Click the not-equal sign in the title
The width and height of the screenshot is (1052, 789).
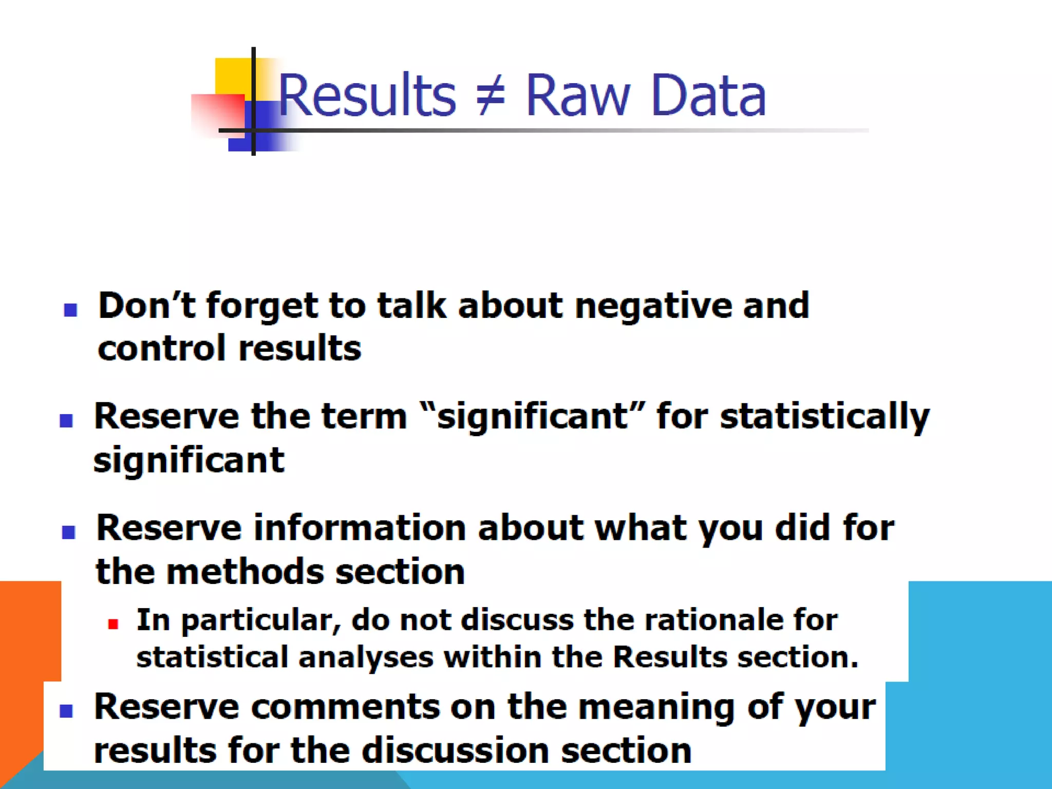(x=491, y=96)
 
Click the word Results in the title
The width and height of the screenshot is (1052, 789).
(x=367, y=96)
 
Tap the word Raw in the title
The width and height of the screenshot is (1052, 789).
(x=577, y=96)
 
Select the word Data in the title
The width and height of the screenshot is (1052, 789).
(x=708, y=96)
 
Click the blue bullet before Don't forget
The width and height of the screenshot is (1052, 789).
(x=70, y=309)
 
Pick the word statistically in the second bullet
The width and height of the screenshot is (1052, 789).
(x=824, y=417)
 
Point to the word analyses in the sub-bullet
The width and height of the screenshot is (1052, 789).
(x=366, y=657)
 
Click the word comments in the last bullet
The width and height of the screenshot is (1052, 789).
(x=345, y=707)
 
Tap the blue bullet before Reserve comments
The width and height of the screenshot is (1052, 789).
(x=66, y=710)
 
